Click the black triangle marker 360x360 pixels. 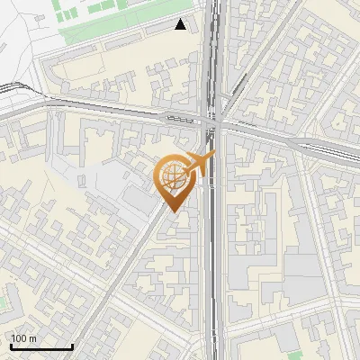181,24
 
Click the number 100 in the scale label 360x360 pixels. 20,338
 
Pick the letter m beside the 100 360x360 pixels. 33,338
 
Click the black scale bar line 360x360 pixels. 40,346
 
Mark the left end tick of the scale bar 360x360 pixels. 10,345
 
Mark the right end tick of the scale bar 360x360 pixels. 72,345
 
